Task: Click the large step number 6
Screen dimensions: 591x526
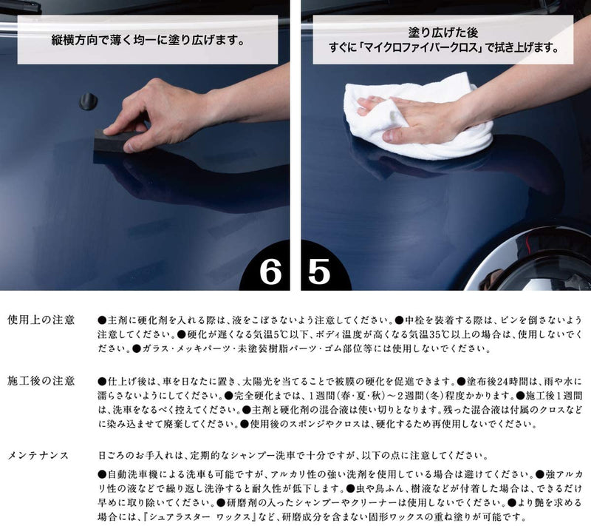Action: (x=270, y=272)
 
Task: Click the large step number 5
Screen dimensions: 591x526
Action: (x=319, y=272)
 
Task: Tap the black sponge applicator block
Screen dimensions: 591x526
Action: (x=112, y=141)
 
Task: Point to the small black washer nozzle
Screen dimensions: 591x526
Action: (x=89, y=101)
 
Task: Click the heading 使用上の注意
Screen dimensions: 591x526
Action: (x=41, y=320)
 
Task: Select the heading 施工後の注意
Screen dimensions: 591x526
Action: (x=41, y=381)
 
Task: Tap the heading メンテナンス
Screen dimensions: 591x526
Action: (x=38, y=456)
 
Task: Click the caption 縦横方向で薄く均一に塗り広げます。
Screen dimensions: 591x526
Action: (x=148, y=40)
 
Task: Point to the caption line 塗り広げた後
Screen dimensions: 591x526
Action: (x=443, y=33)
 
